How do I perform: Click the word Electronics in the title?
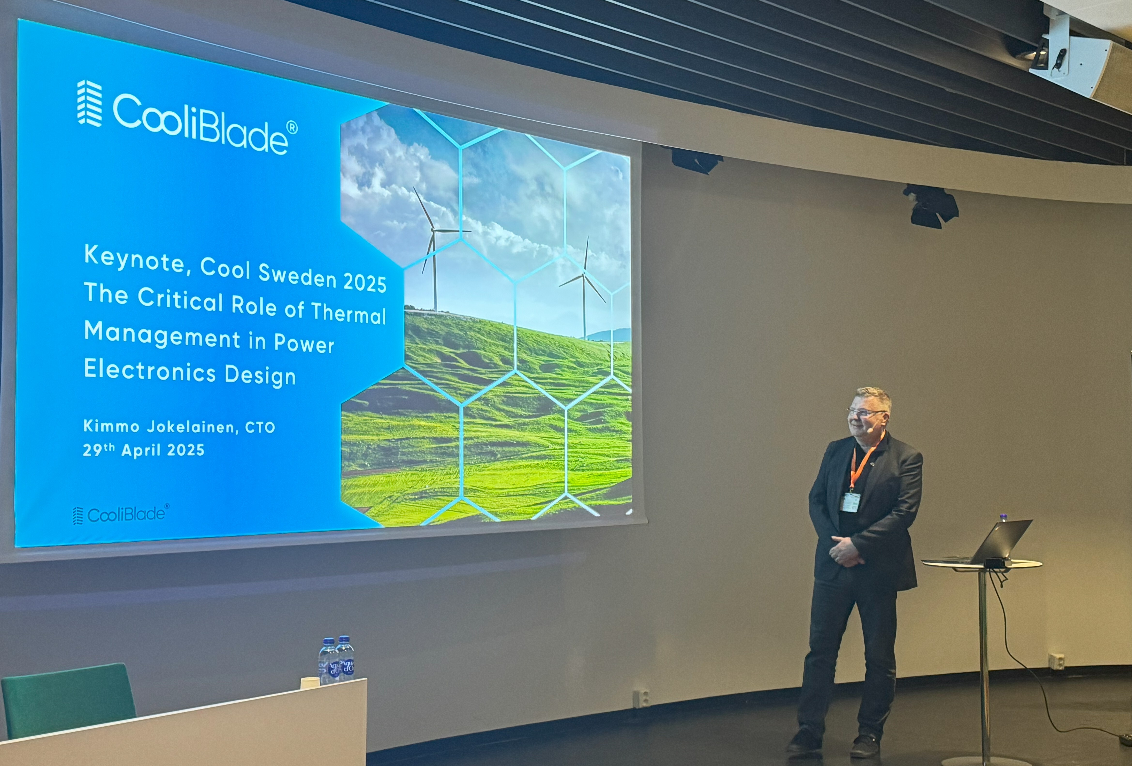coord(150,371)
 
